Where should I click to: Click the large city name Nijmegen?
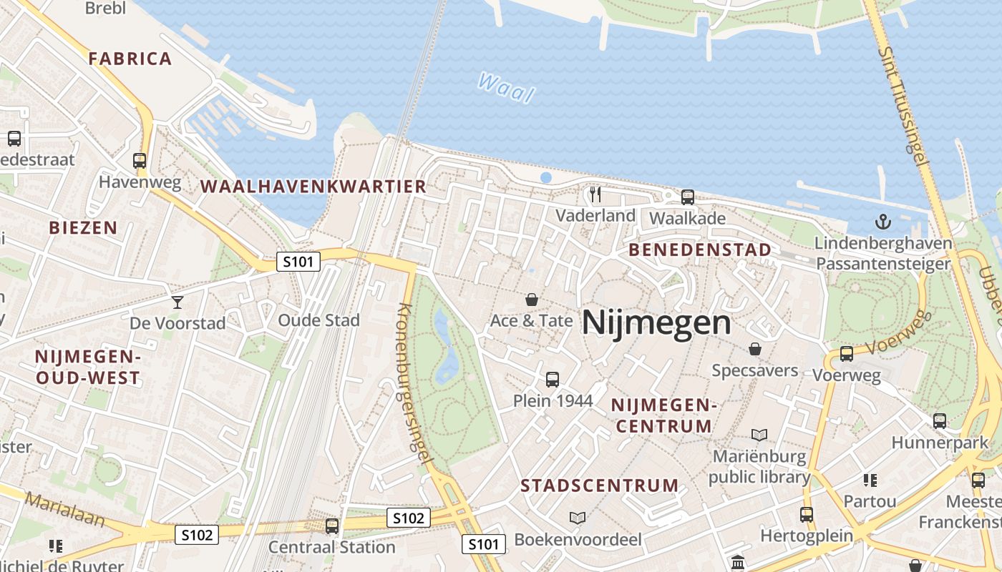click(656, 323)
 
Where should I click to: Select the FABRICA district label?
click(130, 59)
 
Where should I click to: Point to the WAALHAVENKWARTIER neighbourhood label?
click(313, 187)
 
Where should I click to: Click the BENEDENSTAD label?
click(700, 250)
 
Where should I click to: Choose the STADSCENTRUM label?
click(600, 486)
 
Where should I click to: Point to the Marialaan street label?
click(64, 509)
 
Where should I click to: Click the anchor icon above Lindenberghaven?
click(884, 222)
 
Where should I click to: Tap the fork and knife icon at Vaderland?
click(595, 194)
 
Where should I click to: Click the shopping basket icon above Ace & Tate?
click(531, 300)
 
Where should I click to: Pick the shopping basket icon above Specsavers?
click(754, 349)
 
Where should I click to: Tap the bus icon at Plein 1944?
click(553, 380)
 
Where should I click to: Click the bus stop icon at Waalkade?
click(688, 197)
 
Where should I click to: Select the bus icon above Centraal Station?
click(332, 526)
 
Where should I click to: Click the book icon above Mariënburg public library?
click(759, 435)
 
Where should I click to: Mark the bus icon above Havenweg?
click(140, 161)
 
